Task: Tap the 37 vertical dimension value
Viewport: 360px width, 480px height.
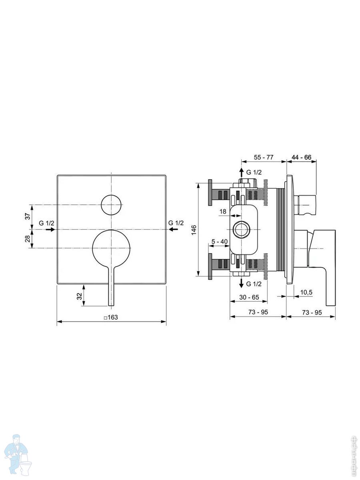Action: coord(28,216)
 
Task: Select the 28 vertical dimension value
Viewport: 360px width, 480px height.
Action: coord(28,239)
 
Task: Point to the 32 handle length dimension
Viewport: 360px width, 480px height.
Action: coord(79,296)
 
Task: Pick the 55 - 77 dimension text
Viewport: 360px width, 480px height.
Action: coord(264,157)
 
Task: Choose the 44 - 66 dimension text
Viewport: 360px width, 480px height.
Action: coord(302,157)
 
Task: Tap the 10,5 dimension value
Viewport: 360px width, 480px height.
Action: coord(306,292)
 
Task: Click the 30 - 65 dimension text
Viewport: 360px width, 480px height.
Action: coord(249,297)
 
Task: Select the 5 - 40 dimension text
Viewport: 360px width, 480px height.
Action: coord(220,242)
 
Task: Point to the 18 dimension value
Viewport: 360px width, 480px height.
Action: coord(223,212)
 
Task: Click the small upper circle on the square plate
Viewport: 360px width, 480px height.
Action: coord(111,205)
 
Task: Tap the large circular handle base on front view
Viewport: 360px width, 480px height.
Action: coord(111,249)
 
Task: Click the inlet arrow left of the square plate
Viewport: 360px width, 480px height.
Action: coord(50,229)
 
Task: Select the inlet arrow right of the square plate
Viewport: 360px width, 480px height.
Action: coord(173,229)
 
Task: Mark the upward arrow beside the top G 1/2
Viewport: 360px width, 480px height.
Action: coord(241,173)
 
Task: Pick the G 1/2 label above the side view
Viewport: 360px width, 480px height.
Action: coord(254,172)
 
